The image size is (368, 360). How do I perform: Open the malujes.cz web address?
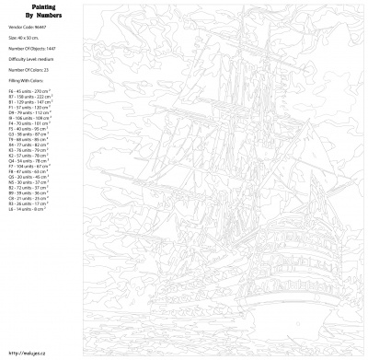[26, 351]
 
